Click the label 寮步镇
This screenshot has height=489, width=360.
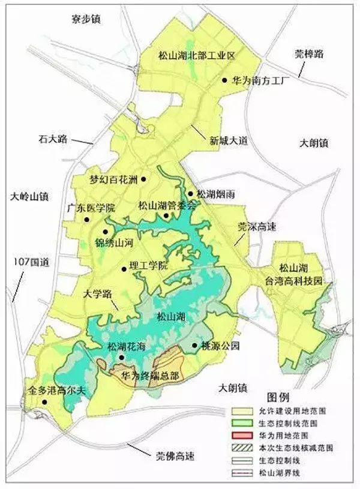point(84,20)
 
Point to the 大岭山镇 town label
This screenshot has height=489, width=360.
point(29,196)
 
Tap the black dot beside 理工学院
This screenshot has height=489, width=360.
point(124,268)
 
